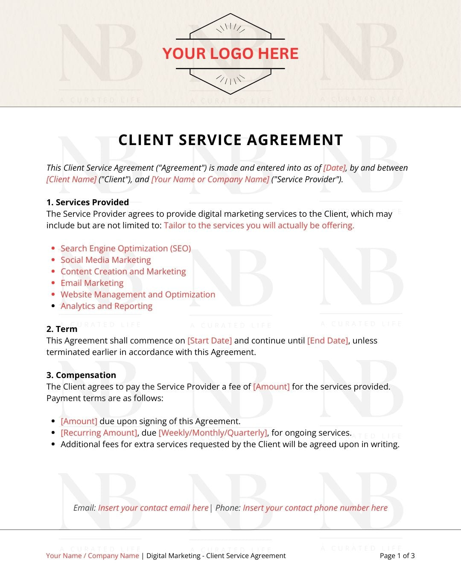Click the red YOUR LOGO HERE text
pos(230,53)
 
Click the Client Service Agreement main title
pos(230,140)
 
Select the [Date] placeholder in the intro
pos(334,168)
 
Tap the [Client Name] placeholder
pos(71,179)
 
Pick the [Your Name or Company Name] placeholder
pos(210,179)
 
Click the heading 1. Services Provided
pos(88,202)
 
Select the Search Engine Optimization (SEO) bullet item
pos(125,248)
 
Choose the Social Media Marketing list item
pos(105,260)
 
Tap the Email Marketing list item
pos(92,283)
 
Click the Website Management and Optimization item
pos(137,294)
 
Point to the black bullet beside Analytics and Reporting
pos(53,306)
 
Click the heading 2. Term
pos(62,329)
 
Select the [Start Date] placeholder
pos(210,340)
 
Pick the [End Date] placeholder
pos(327,340)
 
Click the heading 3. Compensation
pos(81,375)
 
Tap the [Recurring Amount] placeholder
pos(99,433)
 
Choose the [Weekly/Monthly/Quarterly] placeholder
pos(213,433)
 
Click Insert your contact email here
pos(153,508)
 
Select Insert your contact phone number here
pos(315,508)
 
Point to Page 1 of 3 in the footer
pos(397,556)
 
